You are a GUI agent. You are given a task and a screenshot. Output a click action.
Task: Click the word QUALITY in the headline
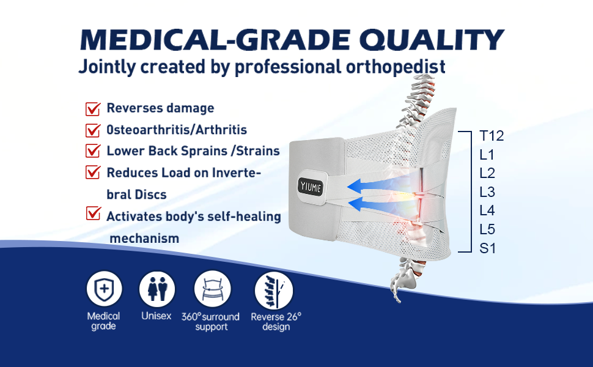(x=432, y=40)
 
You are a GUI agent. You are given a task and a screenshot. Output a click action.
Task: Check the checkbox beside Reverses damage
(x=93, y=109)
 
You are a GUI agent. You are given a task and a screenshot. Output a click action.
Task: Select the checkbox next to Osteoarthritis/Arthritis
(x=93, y=130)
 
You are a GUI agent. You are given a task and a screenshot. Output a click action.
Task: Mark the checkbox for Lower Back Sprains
(x=93, y=150)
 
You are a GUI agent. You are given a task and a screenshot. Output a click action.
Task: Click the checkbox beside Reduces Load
(x=93, y=172)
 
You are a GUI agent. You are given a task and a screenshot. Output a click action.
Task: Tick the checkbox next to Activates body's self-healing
(x=93, y=213)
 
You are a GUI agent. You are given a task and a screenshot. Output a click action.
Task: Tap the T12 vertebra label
(x=492, y=136)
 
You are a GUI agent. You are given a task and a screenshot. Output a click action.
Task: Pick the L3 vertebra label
(x=487, y=192)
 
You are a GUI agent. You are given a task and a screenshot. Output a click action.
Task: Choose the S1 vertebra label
(x=487, y=248)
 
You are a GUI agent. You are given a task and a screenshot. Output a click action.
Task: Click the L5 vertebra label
(x=487, y=229)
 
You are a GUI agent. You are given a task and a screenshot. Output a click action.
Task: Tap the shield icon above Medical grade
(x=105, y=289)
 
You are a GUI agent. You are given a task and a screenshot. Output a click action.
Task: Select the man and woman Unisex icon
(x=157, y=289)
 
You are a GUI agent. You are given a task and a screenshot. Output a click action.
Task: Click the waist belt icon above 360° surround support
(x=213, y=289)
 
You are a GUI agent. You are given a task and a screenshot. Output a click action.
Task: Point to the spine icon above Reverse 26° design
(x=274, y=291)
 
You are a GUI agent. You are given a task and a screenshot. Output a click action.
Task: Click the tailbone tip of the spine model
(x=398, y=302)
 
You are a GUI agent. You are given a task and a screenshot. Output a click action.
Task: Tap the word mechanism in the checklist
(x=144, y=239)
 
